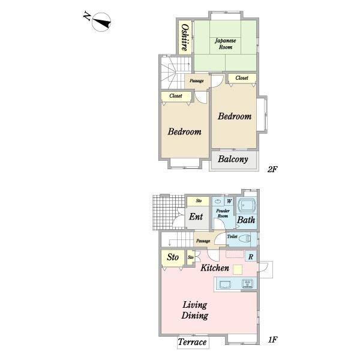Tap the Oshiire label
coord(185,37)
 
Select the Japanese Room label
coord(225,44)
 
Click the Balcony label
coord(233,159)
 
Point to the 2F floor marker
coord(272,169)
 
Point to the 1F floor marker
coord(273,340)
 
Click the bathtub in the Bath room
coord(247,205)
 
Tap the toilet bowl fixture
coord(245,239)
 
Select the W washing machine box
coord(229,202)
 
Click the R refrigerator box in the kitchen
coord(251,257)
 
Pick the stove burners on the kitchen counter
coord(247,283)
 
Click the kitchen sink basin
coord(226,284)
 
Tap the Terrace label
coord(192,342)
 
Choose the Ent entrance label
coord(196,217)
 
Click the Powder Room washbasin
coord(218,202)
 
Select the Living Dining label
coord(194,310)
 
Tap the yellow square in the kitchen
coord(238,269)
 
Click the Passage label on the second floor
coord(197,81)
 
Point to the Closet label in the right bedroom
coord(242,78)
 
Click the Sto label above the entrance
coord(199,201)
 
